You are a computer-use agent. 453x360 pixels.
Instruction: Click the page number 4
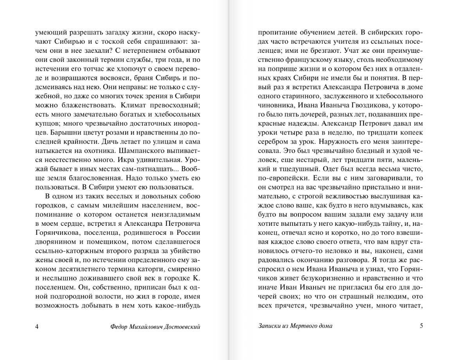click(x=37, y=327)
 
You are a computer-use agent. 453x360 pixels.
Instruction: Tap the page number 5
click(x=421, y=326)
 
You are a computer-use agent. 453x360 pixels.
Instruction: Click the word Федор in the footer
click(x=119, y=327)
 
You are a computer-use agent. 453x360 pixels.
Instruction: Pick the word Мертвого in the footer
click(x=304, y=326)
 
